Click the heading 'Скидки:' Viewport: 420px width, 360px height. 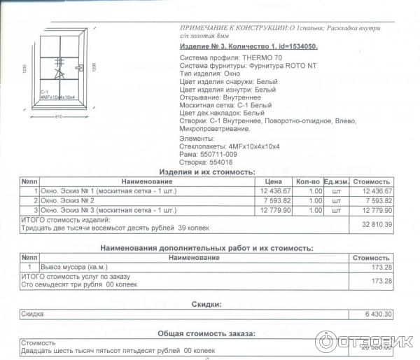206,305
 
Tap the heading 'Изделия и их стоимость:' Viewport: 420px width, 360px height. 206,172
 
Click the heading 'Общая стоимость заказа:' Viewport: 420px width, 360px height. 206,333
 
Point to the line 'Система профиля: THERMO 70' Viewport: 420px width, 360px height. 220,58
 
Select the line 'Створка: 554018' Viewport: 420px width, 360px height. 206,162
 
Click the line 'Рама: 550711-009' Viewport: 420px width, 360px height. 209,154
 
